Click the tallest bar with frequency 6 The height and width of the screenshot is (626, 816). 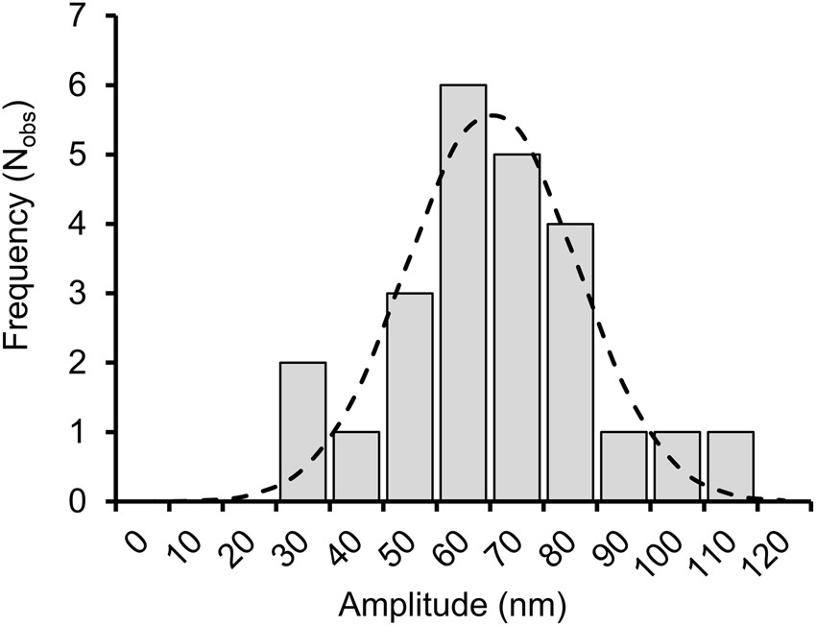pos(463,293)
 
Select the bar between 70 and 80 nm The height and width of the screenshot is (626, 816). pos(516,327)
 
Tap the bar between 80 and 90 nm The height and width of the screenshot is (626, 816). pos(570,362)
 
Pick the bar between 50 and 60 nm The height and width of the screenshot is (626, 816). pos(409,397)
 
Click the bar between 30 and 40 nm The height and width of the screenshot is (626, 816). pos(302,431)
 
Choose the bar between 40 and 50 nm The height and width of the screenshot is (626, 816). pos(356,466)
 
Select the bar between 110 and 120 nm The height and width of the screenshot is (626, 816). pos(731,466)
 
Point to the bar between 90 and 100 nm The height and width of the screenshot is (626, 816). pos(623,466)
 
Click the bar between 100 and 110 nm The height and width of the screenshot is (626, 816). pos(677,466)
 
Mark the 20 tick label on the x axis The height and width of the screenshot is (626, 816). pos(243,545)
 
